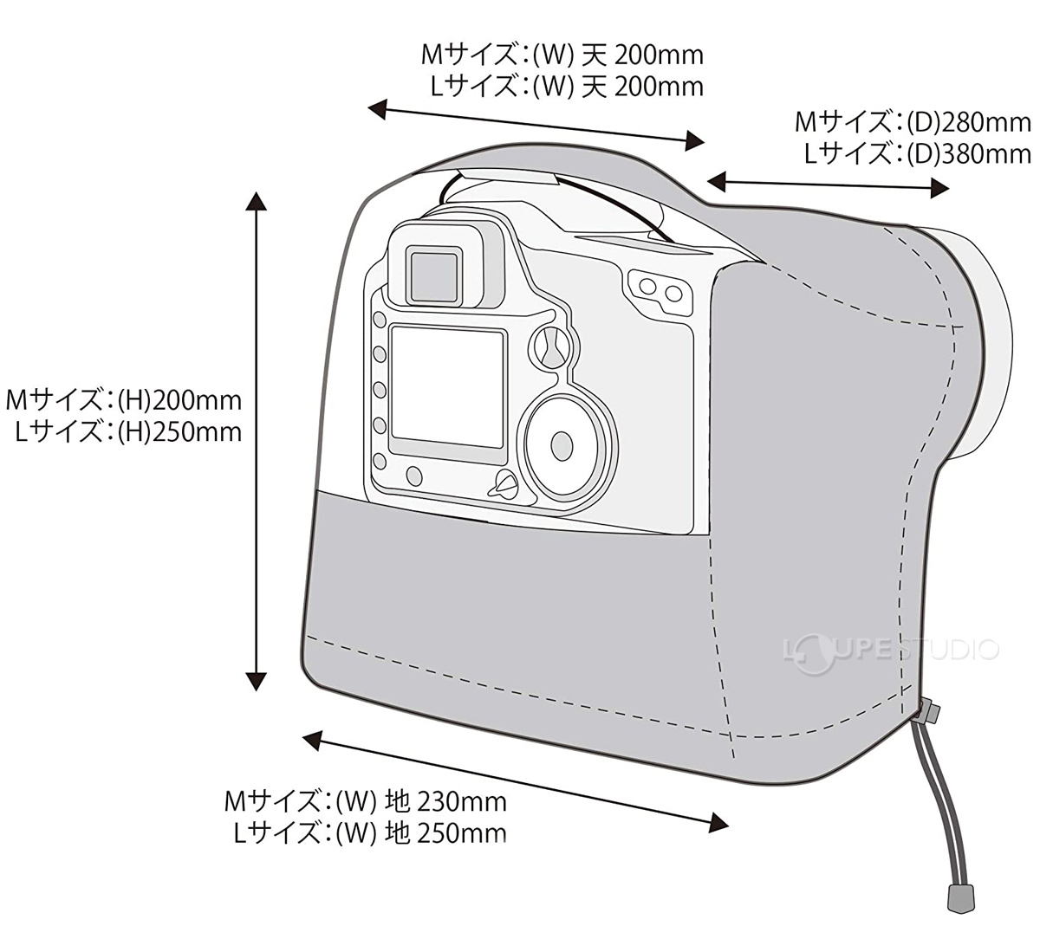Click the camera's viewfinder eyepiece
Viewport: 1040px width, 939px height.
(434, 274)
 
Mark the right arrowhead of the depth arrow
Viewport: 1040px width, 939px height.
(939, 188)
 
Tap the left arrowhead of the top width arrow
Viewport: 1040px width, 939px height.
(377, 109)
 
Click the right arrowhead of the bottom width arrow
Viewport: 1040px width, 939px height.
(718, 821)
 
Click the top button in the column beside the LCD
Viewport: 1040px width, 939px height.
(380, 320)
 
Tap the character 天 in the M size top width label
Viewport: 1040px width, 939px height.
(595, 55)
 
